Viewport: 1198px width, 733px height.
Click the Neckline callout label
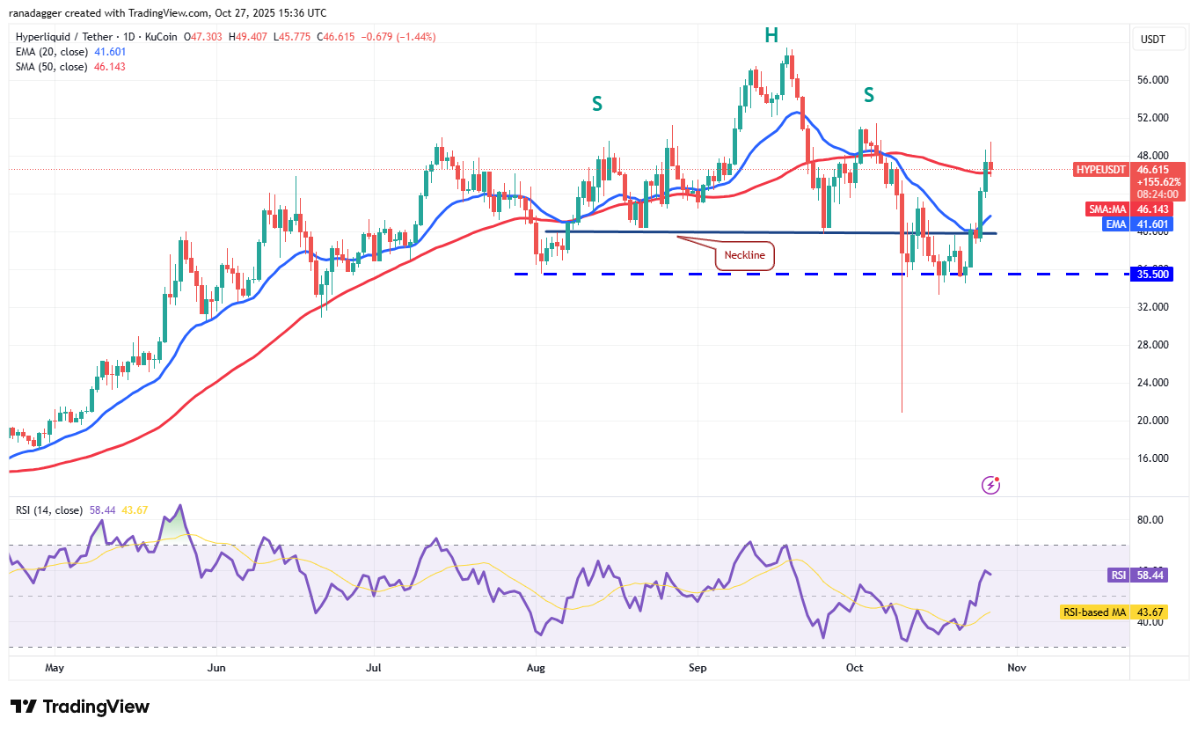[x=744, y=256]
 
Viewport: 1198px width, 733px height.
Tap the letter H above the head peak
[x=771, y=35]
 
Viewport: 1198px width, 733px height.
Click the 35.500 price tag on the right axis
[x=1152, y=274]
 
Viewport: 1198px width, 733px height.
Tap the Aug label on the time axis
[x=535, y=668]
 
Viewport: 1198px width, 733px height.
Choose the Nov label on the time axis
[x=1016, y=668]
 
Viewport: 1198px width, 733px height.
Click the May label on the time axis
[x=54, y=668]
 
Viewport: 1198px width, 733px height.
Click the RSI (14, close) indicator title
[x=49, y=509]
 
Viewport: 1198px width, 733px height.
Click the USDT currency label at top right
[x=1152, y=39]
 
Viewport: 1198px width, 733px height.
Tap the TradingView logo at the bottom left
[x=80, y=707]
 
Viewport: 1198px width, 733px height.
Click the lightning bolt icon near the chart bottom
[x=991, y=484]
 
